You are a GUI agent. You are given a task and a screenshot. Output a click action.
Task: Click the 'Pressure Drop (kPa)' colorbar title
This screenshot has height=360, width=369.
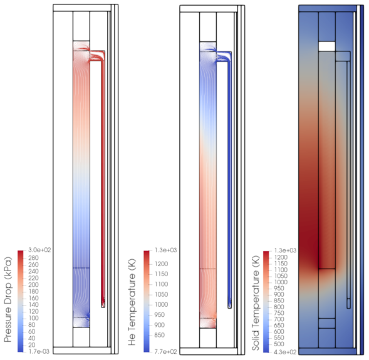point(8,299)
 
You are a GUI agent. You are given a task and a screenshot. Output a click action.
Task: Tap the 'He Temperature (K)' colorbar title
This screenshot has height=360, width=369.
point(132,302)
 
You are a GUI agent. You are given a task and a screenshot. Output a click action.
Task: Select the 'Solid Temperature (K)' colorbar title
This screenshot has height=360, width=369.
point(256,303)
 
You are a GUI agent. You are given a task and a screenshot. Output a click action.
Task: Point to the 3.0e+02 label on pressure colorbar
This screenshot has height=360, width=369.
point(39,250)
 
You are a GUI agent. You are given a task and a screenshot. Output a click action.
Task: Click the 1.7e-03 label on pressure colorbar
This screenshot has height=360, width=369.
point(39,351)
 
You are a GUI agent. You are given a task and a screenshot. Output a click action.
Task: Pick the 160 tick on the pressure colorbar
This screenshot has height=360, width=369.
point(33,298)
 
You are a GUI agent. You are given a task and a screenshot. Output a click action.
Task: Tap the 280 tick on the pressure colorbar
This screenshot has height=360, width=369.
point(33,258)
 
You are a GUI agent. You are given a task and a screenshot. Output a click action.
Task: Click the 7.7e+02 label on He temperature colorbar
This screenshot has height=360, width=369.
point(165,351)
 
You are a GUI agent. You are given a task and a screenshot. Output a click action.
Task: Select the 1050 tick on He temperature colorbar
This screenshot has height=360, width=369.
point(162,294)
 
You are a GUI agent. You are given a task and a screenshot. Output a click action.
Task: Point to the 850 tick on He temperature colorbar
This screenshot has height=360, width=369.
point(160,335)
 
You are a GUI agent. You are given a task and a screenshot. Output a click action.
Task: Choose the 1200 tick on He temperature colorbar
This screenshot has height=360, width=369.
point(162,264)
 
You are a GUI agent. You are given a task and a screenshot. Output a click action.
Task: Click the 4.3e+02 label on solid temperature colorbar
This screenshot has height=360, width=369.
point(285,352)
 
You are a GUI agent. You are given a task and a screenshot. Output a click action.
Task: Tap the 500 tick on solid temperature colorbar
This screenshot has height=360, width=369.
point(279,344)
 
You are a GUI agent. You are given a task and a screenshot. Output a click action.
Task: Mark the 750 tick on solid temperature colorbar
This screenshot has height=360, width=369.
point(279,313)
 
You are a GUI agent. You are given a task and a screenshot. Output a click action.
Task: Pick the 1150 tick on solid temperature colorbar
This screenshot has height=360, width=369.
point(281,264)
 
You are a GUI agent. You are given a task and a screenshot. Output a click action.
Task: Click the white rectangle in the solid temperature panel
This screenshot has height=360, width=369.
point(326,46)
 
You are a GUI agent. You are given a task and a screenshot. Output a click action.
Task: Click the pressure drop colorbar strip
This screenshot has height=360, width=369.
point(21,301)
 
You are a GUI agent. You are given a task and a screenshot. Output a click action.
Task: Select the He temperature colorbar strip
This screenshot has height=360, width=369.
point(147,301)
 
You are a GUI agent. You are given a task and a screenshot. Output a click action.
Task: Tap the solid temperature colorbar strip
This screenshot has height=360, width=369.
point(266,302)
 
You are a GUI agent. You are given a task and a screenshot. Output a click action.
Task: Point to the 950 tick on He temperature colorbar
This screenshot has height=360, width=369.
point(160,315)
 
